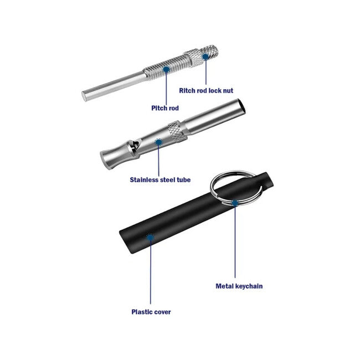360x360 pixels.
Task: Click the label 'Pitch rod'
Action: click(165, 108)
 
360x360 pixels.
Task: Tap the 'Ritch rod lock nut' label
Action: click(206, 90)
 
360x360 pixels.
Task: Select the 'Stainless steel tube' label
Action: click(160, 179)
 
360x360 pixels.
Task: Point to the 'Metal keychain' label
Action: click(239, 286)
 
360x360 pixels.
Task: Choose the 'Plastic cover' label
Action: click(151, 312)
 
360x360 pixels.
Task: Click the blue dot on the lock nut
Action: click(205, 56)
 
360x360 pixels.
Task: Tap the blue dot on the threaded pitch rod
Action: click(166, 69)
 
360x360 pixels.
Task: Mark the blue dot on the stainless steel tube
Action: click(158, 142)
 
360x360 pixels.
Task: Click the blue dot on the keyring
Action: click(235, 203)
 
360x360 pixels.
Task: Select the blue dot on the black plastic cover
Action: click(150, 237)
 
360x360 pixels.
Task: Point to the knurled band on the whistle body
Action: click(177, 130)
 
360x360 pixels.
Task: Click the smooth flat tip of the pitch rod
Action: click(84, 96)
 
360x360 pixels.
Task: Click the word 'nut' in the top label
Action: click(228, 90)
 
